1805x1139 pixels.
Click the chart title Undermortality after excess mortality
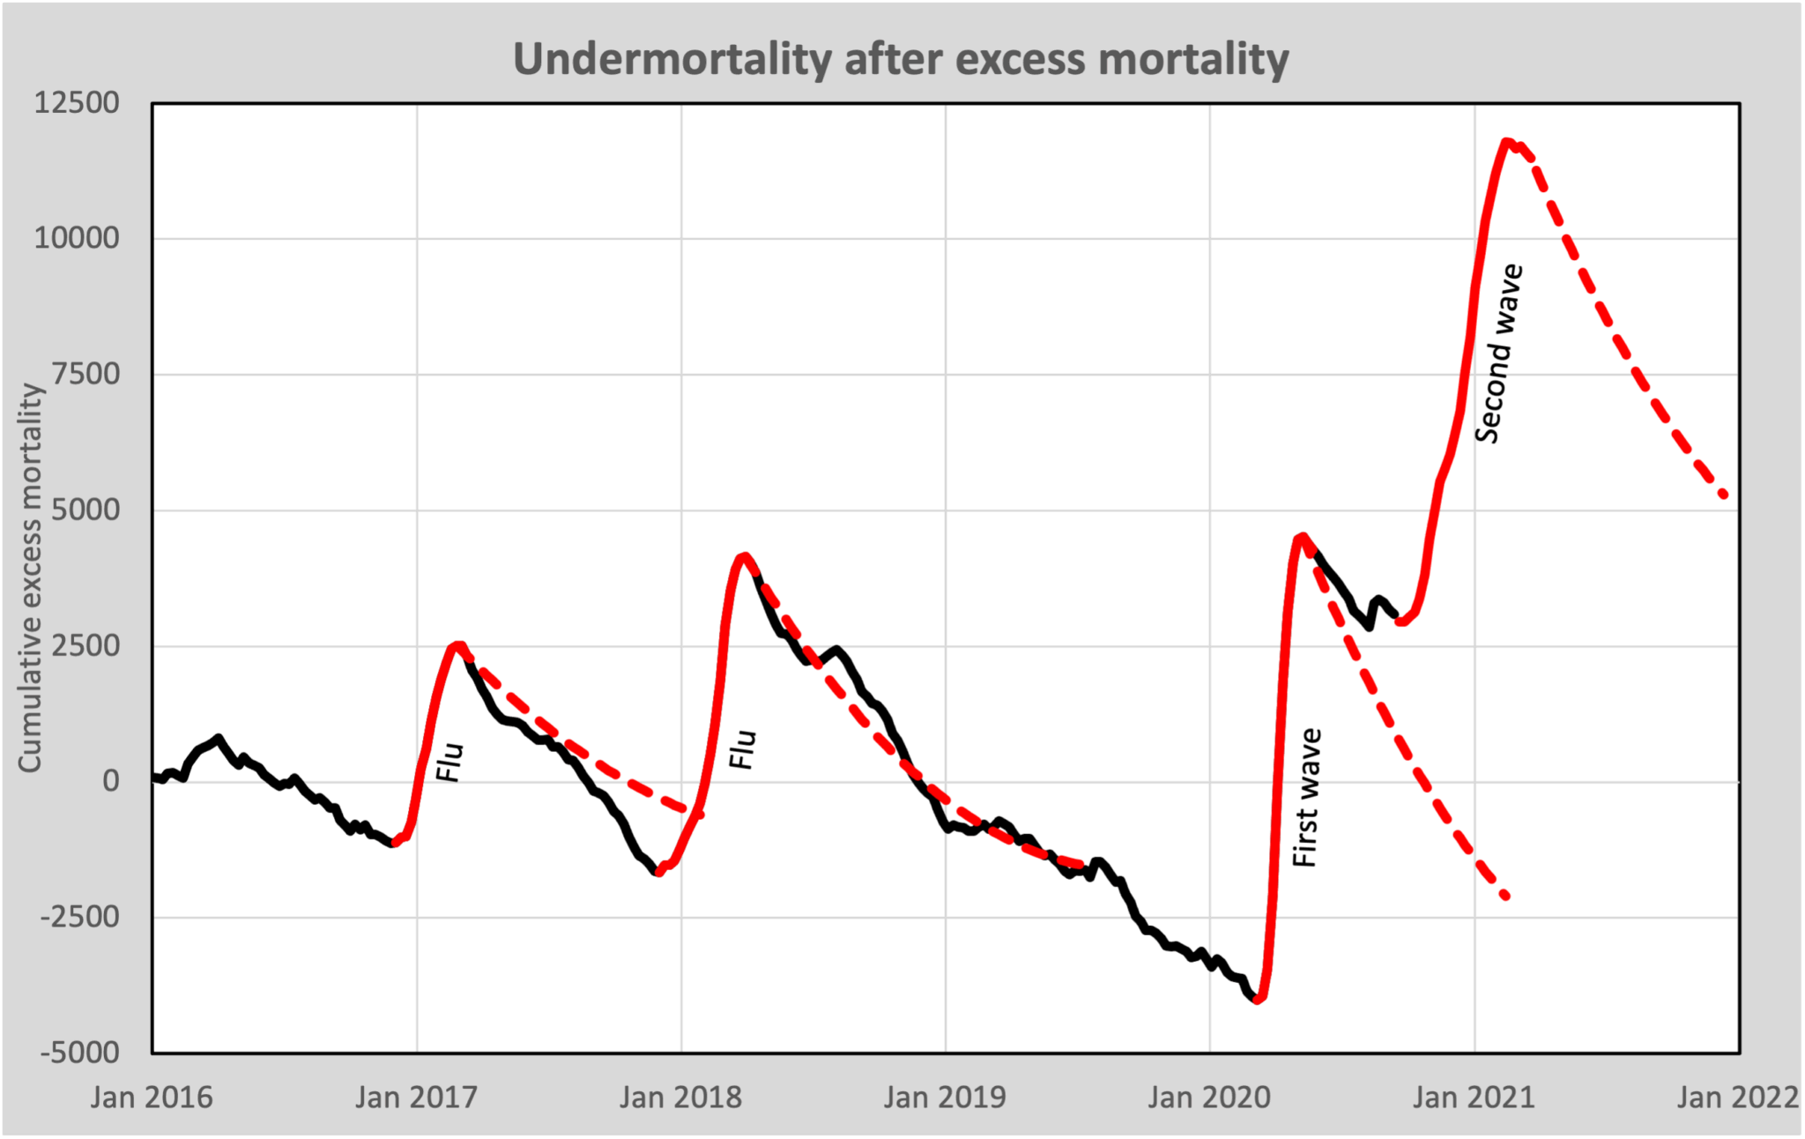tap(901, 60)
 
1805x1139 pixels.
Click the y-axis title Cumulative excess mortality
tap(30, 577)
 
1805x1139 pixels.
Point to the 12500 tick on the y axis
tap(76, 103)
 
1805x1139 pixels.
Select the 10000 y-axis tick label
tap(76, 238)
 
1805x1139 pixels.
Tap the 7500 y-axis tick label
tap(85, 374)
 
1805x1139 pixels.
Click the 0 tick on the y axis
tap(110, 781)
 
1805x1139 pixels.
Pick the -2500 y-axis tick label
tap(79, 917)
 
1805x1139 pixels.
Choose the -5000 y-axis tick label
tap(79, 1053)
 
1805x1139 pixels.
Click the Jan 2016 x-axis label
tap(152, 1098)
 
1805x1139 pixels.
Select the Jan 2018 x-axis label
tap(680, 1098)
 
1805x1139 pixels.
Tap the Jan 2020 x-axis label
tap(1209, 1098)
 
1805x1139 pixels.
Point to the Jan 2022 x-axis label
tap(1738, 1098)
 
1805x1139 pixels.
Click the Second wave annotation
tap(1498, 353)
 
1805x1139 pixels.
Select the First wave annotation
tap(1306, 798)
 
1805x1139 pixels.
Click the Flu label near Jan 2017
tap(449, 763)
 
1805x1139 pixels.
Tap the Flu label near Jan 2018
tap(743, 749)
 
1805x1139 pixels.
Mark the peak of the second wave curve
tap(1507, 141)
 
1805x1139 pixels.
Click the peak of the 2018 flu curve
tap(746, 556)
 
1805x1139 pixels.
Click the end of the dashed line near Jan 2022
tap(1725, 496)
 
